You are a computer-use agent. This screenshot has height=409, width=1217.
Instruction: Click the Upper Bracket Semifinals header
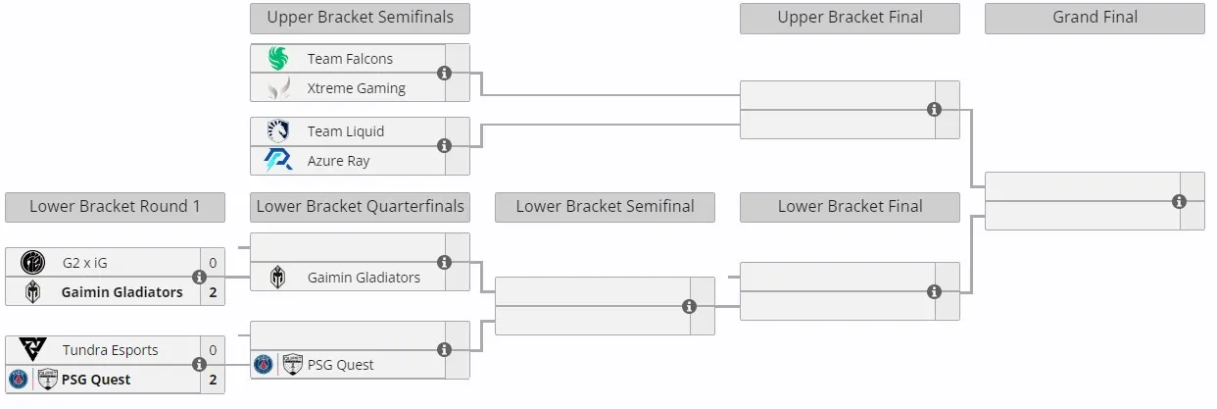[360, 18]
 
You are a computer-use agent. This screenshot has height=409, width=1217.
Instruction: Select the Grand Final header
[1095, 18]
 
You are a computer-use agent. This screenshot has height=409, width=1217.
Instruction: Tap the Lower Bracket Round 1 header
[115, 207]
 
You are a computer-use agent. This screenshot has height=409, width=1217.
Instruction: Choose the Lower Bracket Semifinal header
[605, 207]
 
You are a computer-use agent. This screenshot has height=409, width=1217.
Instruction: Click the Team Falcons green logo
[278, 58]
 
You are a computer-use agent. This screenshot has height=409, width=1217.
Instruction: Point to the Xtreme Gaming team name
[357, 88]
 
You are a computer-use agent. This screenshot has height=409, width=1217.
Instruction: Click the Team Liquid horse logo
[278, 131]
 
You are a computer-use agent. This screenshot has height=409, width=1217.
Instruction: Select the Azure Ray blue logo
[278, 161]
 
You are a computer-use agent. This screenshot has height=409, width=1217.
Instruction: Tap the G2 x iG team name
[84, 263]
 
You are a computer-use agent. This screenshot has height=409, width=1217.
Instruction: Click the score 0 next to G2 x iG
[213, 263]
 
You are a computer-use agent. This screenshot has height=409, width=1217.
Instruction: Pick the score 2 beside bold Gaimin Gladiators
[213, 292]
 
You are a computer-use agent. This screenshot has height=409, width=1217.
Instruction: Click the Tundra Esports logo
[32, 349]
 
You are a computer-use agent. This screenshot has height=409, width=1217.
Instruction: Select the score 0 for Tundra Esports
[213, 350]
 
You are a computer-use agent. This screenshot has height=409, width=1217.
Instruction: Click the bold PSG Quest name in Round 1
[96, 380]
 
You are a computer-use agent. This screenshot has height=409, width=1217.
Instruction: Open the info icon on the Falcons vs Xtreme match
[445, 73]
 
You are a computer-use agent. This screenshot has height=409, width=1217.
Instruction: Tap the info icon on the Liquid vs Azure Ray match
[445, 146]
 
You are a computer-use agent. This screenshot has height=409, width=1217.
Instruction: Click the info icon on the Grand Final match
[1179, 202]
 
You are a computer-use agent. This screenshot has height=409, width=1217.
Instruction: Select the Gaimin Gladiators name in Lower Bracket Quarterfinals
[364, 278]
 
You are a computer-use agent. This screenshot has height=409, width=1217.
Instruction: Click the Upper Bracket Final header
[850, 18]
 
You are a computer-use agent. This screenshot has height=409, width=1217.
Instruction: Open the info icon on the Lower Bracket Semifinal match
[690, 307]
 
